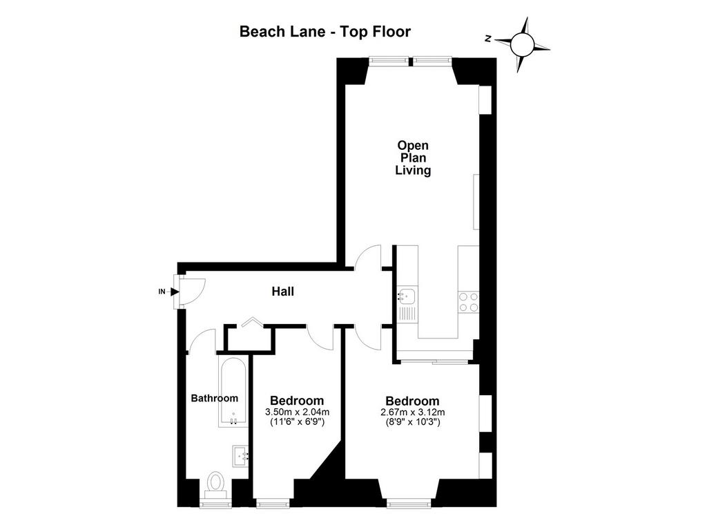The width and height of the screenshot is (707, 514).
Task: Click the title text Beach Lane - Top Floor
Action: click(325, 32)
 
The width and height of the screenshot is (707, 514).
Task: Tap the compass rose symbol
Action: click(523, 44)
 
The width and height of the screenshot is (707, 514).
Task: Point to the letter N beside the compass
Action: click(488, 39)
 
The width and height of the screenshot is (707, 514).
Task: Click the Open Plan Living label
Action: click(413, 158)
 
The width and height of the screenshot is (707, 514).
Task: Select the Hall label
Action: click(282, 292)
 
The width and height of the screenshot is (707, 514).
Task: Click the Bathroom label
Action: click(214, 399)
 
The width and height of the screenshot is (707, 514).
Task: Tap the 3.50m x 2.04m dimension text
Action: click(297, 412)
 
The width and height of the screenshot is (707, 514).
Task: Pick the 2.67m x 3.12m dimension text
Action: click(413, 412)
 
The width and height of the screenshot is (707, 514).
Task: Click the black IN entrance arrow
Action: click(175, 292)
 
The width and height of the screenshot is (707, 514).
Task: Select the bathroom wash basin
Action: click(240, 456)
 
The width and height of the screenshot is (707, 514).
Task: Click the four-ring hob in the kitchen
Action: click(469, 303)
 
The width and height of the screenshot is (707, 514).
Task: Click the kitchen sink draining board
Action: click(407, 314)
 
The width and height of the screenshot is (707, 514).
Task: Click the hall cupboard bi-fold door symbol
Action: click(252, 322)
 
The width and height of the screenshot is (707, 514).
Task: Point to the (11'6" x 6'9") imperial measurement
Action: click(298, 422)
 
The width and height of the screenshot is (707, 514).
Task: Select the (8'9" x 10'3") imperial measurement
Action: click(413, 422)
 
